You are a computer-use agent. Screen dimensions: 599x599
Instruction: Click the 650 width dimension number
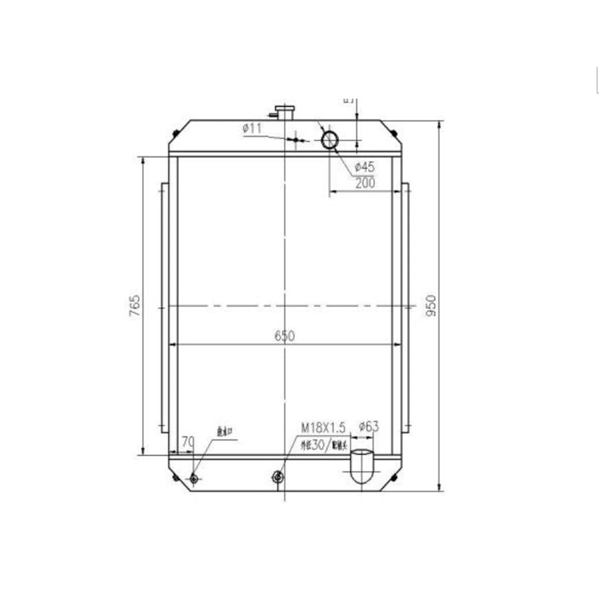click(x=284, y=337)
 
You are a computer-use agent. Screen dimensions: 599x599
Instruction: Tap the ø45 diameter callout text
click(x=364, y=166)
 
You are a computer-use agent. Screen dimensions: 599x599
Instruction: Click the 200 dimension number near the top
click(x=365, y=183)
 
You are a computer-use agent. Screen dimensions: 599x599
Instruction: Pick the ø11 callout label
click(x=253, y=128)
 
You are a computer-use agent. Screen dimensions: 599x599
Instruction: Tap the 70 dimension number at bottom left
click(x=187, y=441)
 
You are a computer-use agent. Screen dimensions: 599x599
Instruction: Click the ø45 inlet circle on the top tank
click(x=329, y=140)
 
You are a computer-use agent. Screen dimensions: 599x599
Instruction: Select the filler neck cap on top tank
click(x=286, y=111)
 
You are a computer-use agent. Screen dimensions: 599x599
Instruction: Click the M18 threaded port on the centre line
click(x=278, y=477)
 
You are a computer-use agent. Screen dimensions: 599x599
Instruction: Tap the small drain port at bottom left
click(x=194, y=479)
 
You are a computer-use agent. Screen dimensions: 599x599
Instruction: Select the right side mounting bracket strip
click(x=405, y=307)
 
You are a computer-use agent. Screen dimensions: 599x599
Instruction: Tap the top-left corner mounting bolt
click(x=176, y=133)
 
